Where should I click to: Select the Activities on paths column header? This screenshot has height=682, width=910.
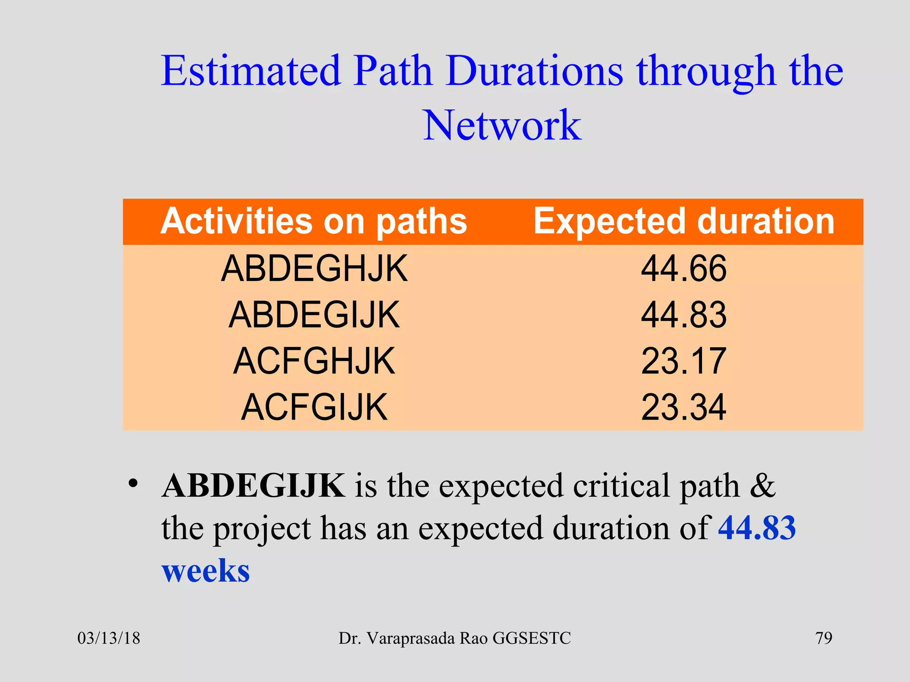[314, 221]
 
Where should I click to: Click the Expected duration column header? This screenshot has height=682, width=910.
[684, 221]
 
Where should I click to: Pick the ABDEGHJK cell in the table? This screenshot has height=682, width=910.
[314, 269]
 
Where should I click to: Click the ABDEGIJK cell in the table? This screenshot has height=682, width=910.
[314, 315]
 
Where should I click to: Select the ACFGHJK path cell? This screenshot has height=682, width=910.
[314, 361]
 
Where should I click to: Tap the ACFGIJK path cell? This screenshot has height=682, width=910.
[314, 408]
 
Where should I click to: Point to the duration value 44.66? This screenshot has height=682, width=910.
[683, 269]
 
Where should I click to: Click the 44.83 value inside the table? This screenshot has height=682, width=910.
[683, 315]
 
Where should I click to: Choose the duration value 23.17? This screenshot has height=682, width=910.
[683, 361]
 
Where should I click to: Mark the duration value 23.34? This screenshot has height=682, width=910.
[683, 408]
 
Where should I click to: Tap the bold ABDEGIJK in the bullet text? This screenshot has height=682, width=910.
[253, 486]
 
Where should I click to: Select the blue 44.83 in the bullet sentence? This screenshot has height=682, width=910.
[757, 528]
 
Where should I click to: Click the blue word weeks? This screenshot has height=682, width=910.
[206, 571]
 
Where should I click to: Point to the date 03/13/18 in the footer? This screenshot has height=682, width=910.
[109, 638]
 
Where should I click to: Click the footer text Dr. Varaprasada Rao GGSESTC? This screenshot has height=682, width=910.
[455, 638]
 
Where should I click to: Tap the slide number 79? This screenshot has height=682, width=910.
[823, 638]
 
